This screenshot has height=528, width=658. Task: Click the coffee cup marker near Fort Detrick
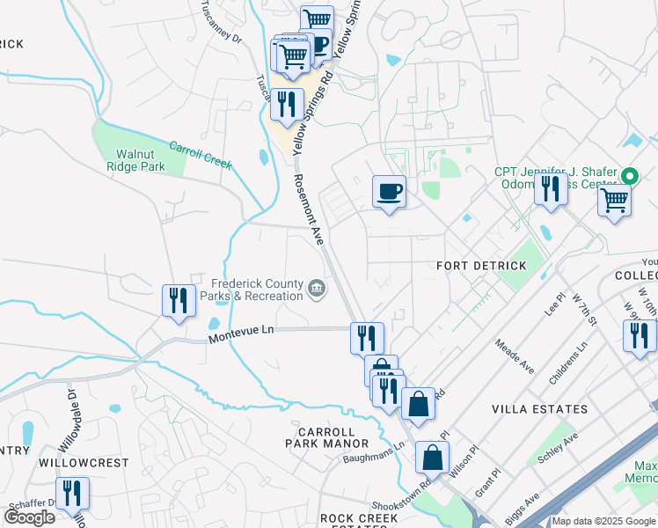pos(389,192)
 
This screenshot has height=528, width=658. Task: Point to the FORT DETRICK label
pos(481,265)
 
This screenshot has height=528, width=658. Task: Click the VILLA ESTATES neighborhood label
pos(539,409)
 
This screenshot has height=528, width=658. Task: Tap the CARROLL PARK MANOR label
pos(326,437)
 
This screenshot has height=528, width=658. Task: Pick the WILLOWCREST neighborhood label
pos(84,462)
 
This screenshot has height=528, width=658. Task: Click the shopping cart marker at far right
pos(614,201)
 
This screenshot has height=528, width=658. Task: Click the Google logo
pos(29,517)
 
